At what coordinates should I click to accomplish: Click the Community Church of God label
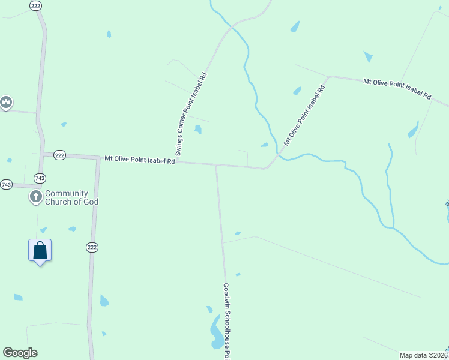click(x=71, y=197)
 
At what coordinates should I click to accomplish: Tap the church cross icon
click(x=36, y=196)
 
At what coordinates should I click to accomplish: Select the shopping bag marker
click(x=40, y=250)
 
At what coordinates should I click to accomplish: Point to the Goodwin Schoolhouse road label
click(x=227, y=321)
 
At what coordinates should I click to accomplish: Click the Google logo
click(x=20, y=353)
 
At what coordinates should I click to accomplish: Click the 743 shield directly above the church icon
click(x=40, y=178)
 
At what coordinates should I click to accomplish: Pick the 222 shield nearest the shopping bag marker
click(x=91, y=247)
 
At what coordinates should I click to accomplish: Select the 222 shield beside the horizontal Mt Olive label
click(x=59, y=155)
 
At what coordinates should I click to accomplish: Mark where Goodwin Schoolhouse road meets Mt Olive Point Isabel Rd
click(x=216, y=165)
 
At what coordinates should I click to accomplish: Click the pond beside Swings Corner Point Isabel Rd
click(x=198, y=129)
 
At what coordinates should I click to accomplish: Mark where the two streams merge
click(x=394, y=228)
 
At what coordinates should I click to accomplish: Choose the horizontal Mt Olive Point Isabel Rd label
click(x=140, y=160)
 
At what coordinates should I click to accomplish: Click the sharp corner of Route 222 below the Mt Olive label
click(x=98, y=158)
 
